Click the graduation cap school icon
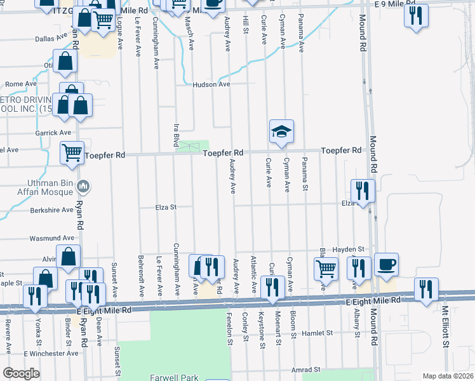281,131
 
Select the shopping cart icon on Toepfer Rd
72,152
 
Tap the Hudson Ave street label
211,84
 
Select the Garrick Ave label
53,133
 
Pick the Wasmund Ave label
48,238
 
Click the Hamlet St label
318,333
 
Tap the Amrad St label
306,369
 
